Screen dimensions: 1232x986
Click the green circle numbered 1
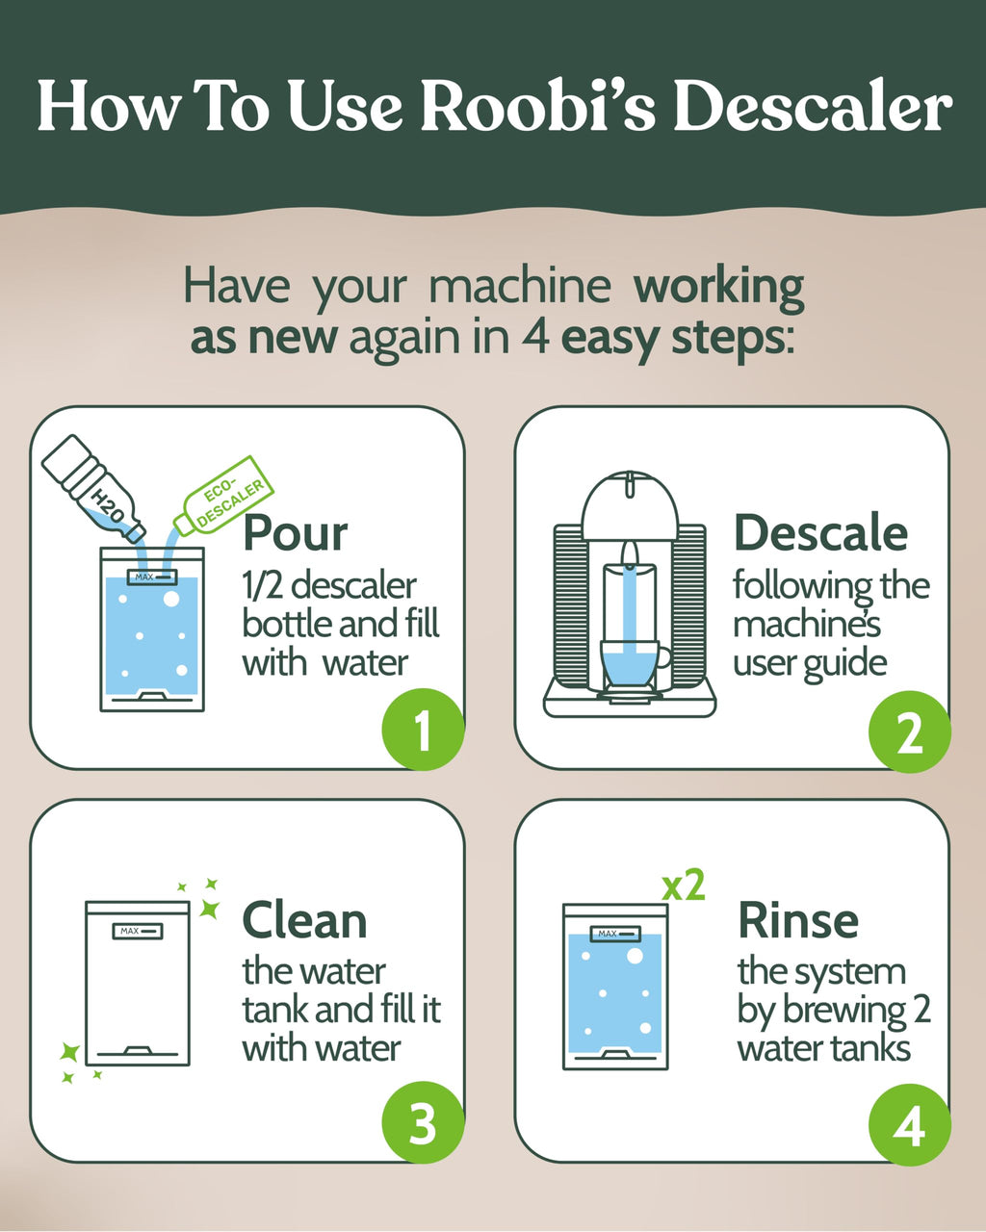tap(423, 732)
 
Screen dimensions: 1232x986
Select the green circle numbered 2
tap(909, 732)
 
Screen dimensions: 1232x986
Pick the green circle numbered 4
tap(909, 1125)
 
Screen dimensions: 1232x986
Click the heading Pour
tap(295, 532)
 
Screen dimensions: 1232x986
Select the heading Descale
tap(820, 532)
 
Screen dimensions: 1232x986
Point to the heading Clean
tap(304, 921)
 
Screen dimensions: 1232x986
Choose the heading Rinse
tap(798, 921)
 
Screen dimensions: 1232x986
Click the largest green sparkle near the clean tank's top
tap(209, 908)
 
